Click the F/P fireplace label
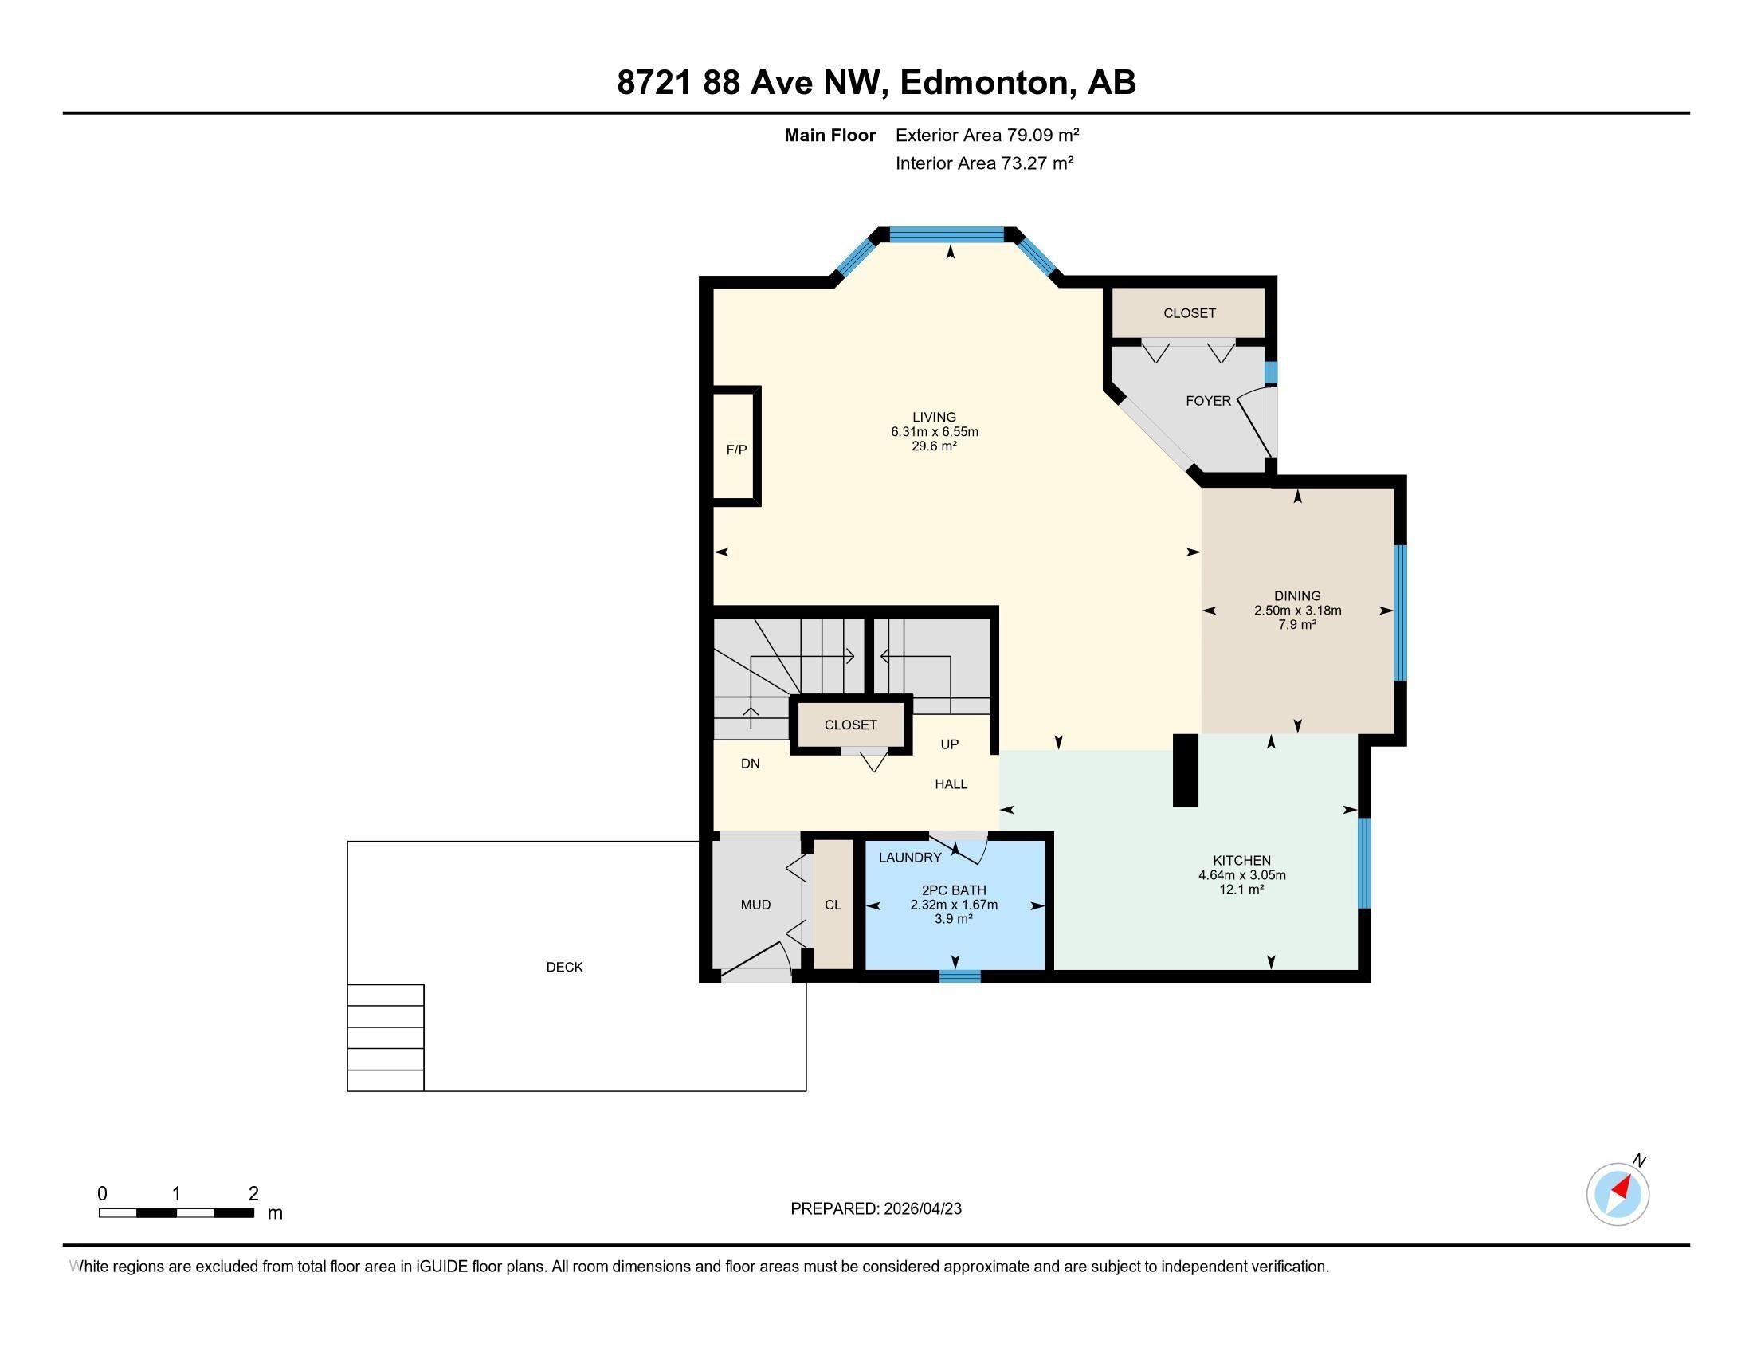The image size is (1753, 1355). click(736, 450)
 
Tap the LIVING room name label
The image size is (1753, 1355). click(935, 418)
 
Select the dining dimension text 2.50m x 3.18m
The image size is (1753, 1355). click(1298, 610)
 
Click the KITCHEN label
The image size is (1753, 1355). click(1241, 861)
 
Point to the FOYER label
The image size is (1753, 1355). click(1208, 401)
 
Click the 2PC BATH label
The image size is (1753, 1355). click(954, 890)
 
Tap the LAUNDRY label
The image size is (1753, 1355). click(910, 858)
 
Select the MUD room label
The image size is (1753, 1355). click(755, 905)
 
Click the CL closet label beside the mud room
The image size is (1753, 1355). click(833, 905)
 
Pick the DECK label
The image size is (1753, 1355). click(564, 968)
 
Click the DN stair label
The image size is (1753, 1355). click(751, 764)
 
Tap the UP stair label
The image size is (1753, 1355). click(950, 744)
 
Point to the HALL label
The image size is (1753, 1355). click(951, 784)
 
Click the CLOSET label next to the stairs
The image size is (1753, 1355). click(851, 725)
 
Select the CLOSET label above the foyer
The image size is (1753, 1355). click(1190, 313)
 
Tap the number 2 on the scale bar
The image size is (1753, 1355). click(253, 1194)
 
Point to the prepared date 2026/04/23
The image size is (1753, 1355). click(921, 1209)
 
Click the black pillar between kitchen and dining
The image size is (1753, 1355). click(1186, 770)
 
